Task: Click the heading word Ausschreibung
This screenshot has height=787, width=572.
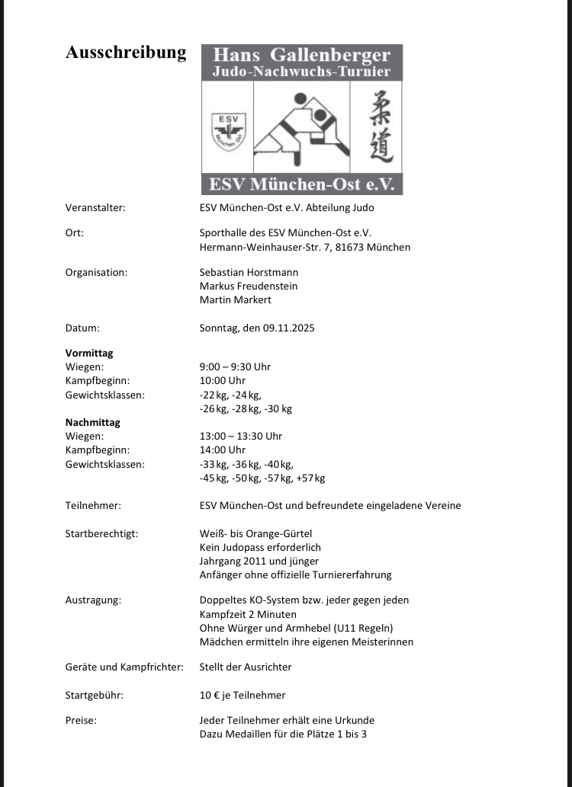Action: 126,53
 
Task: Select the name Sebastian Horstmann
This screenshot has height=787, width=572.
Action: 249,272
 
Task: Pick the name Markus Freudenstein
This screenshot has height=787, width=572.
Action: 248,286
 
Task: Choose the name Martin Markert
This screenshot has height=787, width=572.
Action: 235,299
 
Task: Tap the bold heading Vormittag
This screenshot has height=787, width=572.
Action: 89,353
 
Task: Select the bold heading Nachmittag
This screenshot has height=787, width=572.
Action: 93,422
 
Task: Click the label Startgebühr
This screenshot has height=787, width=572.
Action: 95,695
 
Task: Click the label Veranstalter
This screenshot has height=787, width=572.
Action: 95,207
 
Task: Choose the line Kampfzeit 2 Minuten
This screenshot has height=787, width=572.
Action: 248,614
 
